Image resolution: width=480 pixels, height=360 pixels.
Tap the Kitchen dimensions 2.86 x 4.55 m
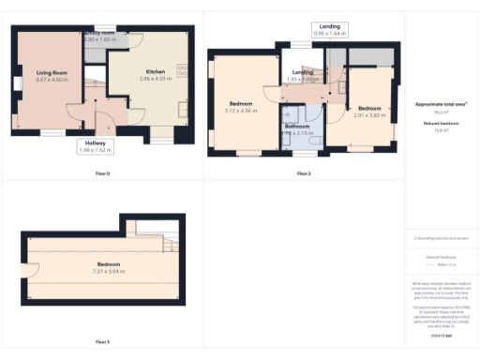pyautogui.click(x=155, y=80)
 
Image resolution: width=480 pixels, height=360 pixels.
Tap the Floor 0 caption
pyautogui.click(x=102, y=174)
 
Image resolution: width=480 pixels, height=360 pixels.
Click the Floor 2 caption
pyautogui.click(x=304, y=174)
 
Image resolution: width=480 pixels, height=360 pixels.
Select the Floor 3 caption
pyautogui.click(x=102, y=342)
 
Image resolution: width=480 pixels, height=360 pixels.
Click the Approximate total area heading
pyautogui.click(x=441, y=103)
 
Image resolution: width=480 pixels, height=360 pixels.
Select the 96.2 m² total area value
pyautogui.click(x=441, y=110)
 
